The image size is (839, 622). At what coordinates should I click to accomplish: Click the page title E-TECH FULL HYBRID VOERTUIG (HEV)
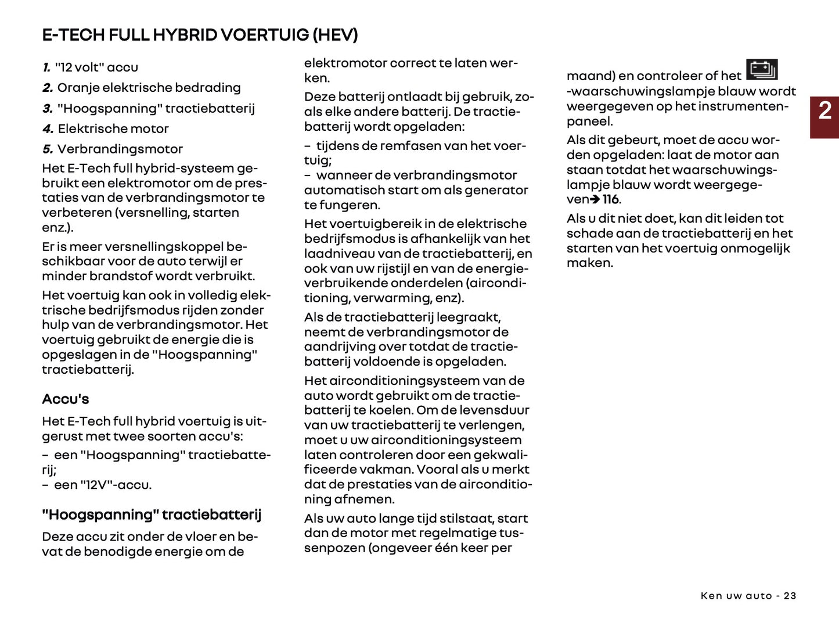tap(200, 35)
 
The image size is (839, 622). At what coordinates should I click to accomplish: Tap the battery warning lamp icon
tap(761, 70)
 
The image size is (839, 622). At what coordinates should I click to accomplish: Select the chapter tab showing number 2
tap(824, 110)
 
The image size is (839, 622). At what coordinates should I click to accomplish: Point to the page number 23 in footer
tap(790, 596)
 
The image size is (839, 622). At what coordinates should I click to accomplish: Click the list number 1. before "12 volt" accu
tap(46, 67)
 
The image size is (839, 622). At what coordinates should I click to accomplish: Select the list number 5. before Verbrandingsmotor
tap(48, 149)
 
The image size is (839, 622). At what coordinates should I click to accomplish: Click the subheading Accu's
tap(66, 399)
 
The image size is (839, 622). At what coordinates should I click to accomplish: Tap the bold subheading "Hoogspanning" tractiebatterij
tap(152, 515)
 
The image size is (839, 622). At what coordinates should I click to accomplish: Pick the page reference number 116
tap(610, 200)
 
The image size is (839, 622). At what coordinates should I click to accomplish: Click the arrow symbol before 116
tap(595, 200)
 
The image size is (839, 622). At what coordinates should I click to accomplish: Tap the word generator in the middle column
tap(500, 190)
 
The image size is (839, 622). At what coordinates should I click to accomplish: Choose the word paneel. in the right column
tap(589, 121)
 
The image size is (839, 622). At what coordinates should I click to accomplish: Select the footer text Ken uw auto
tap(736, 596)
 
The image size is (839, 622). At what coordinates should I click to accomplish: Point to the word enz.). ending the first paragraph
tap(57, 228)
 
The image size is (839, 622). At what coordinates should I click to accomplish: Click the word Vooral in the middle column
tap(439, 470)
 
